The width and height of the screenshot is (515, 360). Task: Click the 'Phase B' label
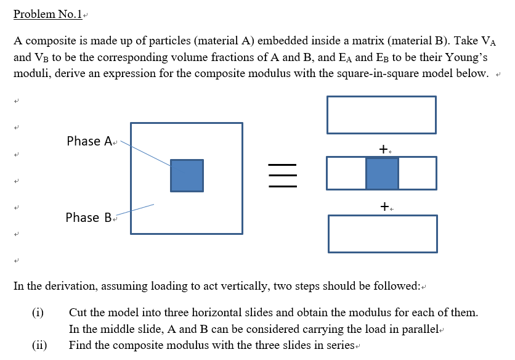(x=89, y=218)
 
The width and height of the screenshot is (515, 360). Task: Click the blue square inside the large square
(x=187, y=175)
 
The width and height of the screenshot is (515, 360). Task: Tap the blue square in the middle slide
(x=382, y=173)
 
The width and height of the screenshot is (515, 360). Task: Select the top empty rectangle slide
(x=382, y=115)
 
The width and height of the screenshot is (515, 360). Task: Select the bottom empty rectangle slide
(x=383, y=234)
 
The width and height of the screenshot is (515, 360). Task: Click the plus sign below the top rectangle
(x=384, y=149)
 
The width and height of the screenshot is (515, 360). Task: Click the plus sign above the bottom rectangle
(x=384, y=207)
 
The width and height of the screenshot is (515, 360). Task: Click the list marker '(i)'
(x=38, y=313)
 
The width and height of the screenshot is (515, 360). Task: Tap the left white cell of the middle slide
(x=346, y=173)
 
